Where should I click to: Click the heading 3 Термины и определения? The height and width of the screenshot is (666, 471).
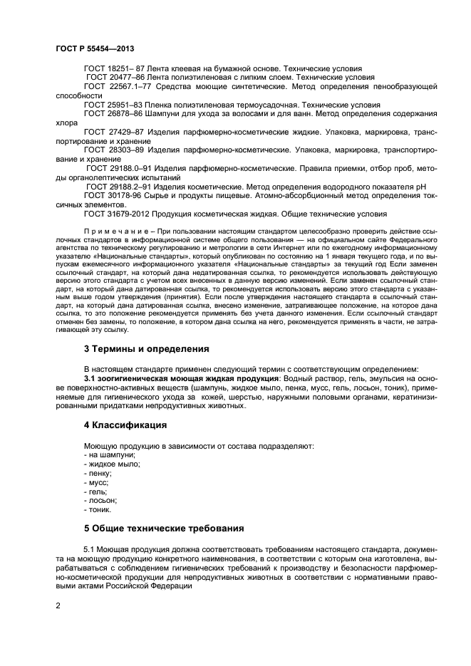click(146, 349)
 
